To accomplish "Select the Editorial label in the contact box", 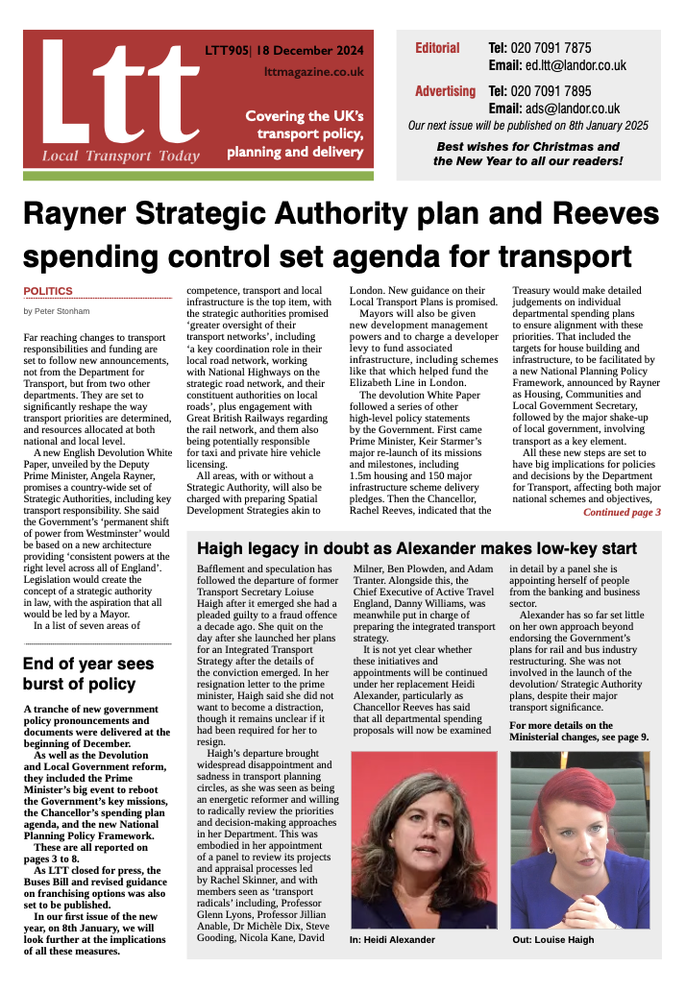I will point(437,48).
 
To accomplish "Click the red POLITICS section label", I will point(48,291).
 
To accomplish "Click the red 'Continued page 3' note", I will point(622,512).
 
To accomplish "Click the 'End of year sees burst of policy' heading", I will point(88,672).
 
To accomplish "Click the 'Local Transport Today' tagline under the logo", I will point(120,157).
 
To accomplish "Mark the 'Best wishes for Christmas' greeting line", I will point(527,147).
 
